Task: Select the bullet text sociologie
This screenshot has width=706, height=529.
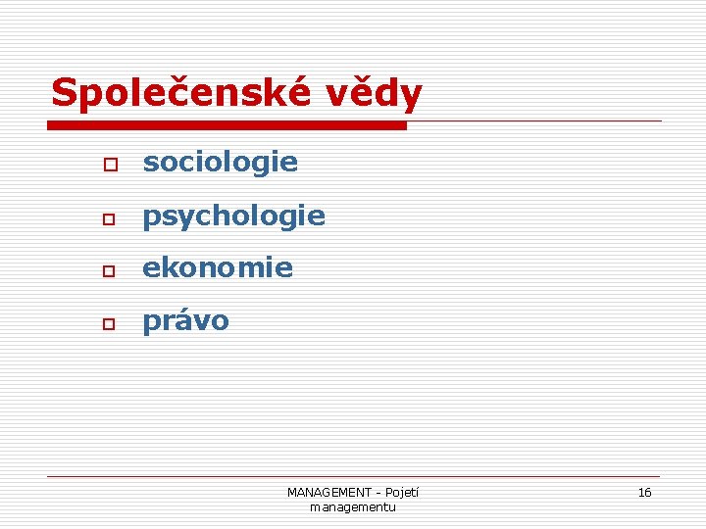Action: [x=220, y=163]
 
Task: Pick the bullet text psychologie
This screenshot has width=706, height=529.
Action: [x=233, y=216]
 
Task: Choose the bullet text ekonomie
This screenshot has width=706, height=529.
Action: [x=218, y=268]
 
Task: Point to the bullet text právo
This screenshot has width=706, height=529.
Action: [x=185, y=321]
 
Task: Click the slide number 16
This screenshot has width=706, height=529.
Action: [x=644, y=493]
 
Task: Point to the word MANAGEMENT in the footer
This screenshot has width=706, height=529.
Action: [x=328, y=493]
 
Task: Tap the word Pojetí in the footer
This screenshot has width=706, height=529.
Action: [x=401, y=493]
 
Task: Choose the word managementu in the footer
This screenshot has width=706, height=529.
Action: [x=353, y=506]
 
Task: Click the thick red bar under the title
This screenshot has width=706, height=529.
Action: [x=227, y=125]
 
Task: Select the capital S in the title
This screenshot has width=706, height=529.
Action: [x=64, y=94]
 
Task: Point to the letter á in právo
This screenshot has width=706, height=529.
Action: [x=182, y=321]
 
